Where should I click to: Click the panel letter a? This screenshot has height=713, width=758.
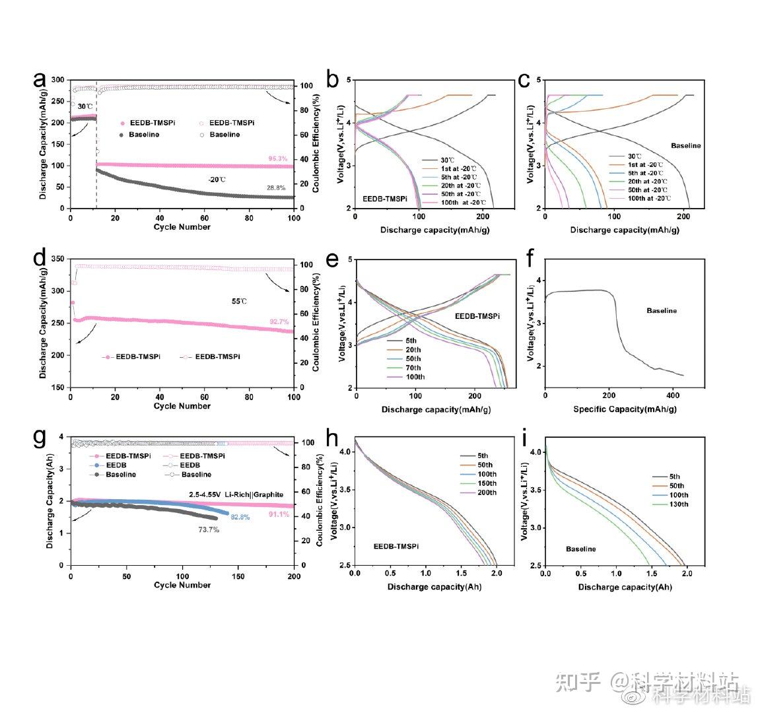tap(40, 81)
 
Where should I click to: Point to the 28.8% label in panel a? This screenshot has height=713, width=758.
tap(275, 189)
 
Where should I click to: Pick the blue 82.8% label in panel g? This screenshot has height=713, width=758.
tap(240, 518)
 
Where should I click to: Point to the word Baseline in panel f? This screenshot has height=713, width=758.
tap(661, 310)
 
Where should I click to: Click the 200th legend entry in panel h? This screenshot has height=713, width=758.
tap(473, 492)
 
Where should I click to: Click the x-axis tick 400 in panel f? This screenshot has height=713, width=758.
tap(672, 395)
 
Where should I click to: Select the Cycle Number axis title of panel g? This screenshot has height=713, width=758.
tap(182, 585)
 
